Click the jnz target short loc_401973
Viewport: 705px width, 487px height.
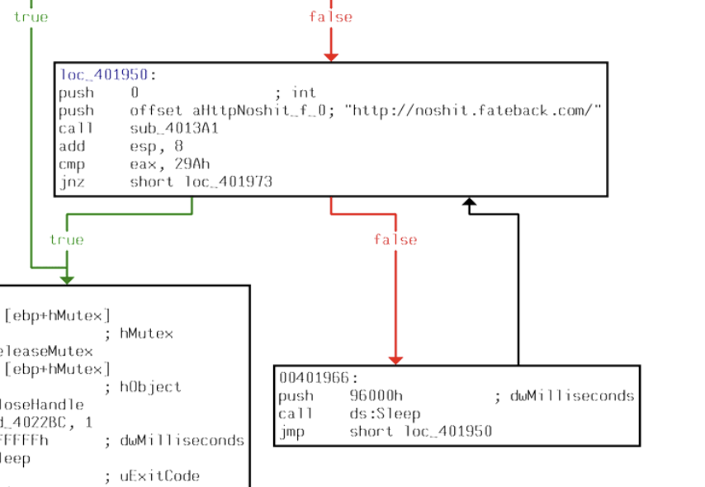click(201, 182)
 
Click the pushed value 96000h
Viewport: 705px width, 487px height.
click(376, 396)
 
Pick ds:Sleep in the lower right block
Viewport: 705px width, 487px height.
click(385, 414)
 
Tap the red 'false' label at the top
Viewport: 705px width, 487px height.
click(330, 17)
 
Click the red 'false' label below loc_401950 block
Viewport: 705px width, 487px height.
click(395, 239)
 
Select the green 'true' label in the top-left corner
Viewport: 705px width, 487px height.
click(31, 17)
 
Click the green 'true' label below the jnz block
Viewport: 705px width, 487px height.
click(66, 239)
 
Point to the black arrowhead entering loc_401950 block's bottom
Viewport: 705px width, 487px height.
click(469, 203)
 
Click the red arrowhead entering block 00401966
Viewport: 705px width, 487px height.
click(395, 360)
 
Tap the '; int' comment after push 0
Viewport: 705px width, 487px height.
click(295, 92)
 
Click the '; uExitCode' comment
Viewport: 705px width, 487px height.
click(152, 475)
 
